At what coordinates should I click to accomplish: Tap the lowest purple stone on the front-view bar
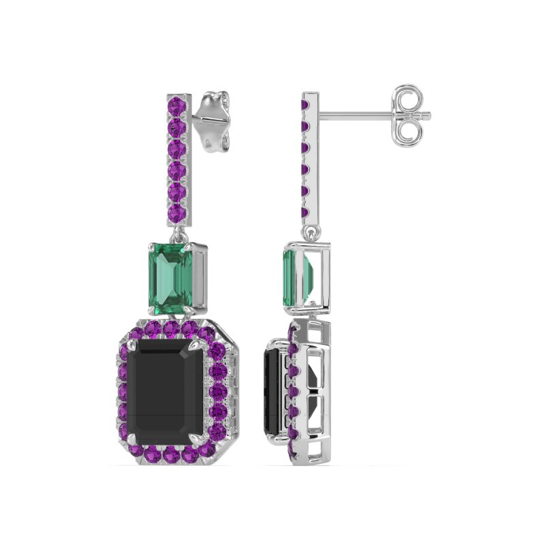(x=177, y=213)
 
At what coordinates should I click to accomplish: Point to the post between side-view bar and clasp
(x=354, y=114)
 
